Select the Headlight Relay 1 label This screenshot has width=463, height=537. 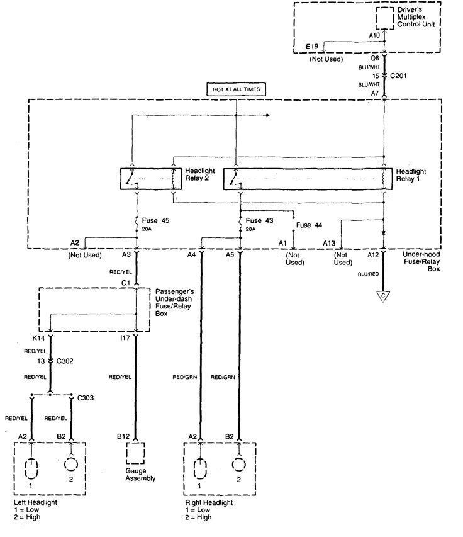click(410, 174)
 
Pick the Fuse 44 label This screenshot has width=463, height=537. click(309, 225)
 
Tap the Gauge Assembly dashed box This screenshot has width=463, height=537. click(136, 453)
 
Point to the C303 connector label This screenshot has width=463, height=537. click(84, 399)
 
